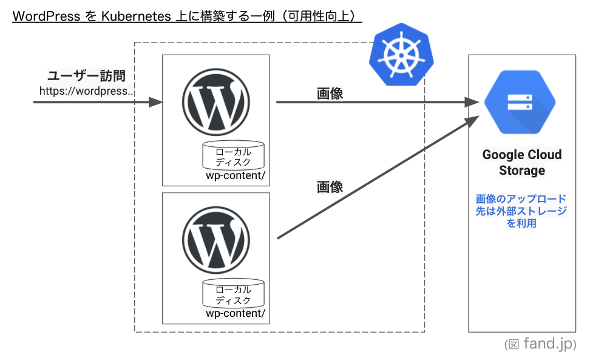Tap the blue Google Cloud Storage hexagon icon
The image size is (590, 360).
pyautogui.click(x=520, y=102)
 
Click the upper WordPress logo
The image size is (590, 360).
pyautogui.click(x=215, y=103)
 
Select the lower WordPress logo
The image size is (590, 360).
pyautogui.click(x=215, y=240)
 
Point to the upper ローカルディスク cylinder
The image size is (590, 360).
pyautogui.click(x=234, y=156)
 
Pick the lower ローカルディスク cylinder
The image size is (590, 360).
pyautogui.click(x=234, y=294)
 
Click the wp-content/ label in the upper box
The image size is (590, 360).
pyautogui.click(x=236, y=176)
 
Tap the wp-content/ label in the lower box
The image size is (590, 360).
pyautogui.click(x=236, y=314)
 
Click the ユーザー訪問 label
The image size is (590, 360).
pyautogui.click(x=87, y=76)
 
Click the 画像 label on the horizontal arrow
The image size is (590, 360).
pyautogui.click(x=330, y=93)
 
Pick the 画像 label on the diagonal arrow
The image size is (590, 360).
pyautogui.click(x=330, y=187)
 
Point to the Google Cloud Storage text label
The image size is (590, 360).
pyautogui.click(x=521, y=162)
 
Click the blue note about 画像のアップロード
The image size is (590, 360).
pyautogui.click(x=521, y=211)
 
